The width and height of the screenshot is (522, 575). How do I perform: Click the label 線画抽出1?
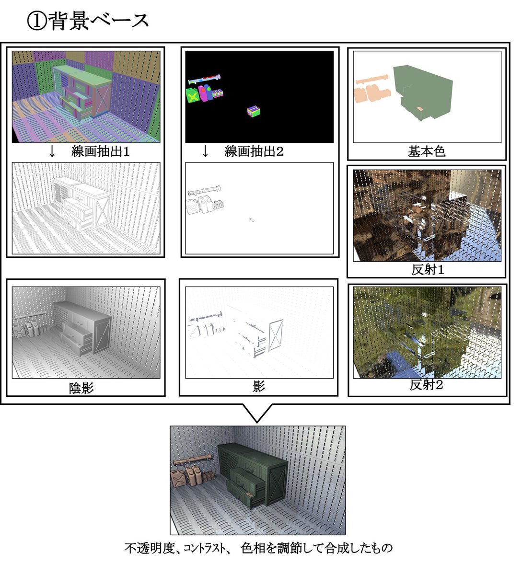pos(100,152)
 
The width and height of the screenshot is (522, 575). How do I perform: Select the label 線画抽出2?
pos(254,152)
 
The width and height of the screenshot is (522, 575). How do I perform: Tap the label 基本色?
pos(426,152)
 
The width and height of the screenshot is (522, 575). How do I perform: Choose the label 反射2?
pos(426,385)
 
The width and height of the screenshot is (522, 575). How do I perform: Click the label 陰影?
pos(81,388)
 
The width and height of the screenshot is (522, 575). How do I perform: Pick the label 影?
pos(259,386)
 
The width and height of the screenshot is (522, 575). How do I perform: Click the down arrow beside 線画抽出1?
pos(52,152)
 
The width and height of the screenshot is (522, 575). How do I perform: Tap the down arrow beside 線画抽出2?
pos(205,152)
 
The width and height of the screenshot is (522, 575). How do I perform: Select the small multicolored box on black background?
pos(254,111)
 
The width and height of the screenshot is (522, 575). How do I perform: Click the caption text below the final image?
pos(258,548)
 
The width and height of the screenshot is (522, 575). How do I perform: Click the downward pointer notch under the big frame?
pos(257,413)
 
